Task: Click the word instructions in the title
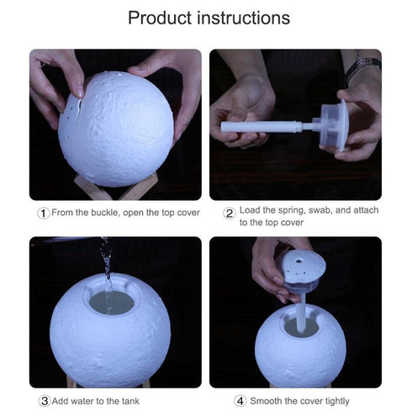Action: coord(244,18)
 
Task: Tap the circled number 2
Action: coord(229,213)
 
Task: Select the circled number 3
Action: coord(44,401)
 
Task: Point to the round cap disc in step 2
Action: coord(341,126)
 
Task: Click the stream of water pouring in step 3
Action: coord(107,269)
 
